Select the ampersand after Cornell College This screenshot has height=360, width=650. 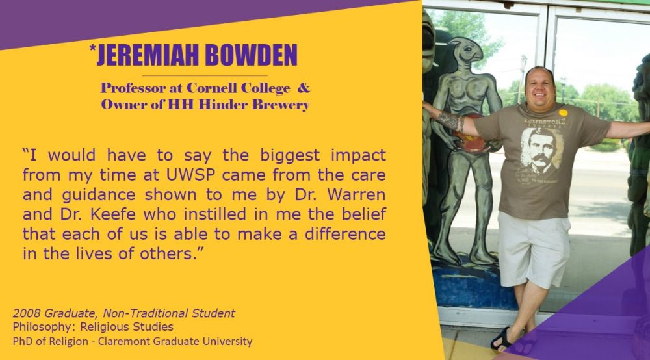[304, 88]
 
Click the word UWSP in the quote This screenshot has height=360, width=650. [190, 175]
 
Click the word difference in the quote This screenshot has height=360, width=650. [345, 234]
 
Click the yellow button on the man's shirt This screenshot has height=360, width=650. [563, 112]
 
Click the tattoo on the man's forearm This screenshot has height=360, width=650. [449, 121]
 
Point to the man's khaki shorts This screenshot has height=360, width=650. [533, 249]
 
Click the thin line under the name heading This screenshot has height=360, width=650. [204, 76]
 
